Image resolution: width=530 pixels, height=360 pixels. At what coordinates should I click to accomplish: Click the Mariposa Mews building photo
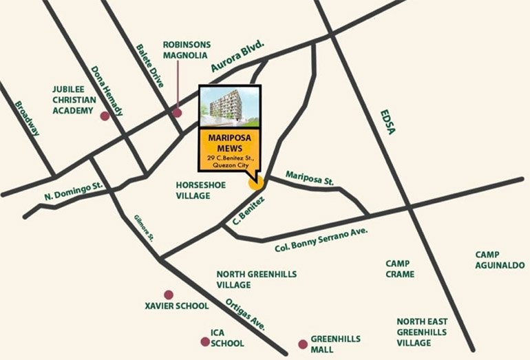[x=229, y=107]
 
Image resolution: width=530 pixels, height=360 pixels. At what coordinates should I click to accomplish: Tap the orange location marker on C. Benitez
[x=255, y=182]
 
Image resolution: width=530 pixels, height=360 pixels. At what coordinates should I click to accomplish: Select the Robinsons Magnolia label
[x=187, y=50]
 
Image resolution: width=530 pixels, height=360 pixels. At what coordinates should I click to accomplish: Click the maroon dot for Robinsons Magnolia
[x=177, y=113]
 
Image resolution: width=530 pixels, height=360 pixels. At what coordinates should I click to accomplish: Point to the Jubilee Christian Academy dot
[x=105, y=116]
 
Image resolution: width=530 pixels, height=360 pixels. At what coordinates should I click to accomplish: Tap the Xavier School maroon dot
[x=168, y=295]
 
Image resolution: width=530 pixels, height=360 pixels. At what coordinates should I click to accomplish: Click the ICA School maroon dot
[x=204, y=341]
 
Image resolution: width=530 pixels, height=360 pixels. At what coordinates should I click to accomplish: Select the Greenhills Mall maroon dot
[x=301, y=343]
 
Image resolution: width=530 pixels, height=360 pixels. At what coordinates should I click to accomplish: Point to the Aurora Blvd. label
[x=238, y=59]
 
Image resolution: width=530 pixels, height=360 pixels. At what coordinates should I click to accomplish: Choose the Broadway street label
[x=28, y=118]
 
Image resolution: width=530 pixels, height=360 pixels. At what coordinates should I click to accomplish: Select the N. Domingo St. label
[x=74, y=190]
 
